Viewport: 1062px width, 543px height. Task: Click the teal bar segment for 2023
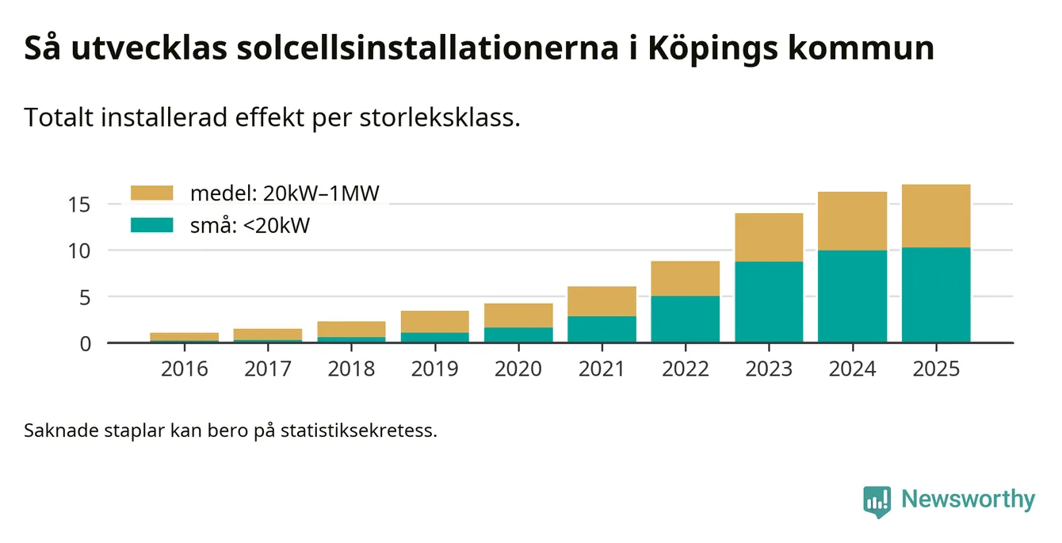point(769,302)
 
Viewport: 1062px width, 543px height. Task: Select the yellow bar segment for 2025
point(936,216)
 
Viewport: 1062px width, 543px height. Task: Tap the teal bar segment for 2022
point(686,319)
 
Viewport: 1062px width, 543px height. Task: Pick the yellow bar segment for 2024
point(853,221)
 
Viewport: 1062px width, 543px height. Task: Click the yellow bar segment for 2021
point(602,301)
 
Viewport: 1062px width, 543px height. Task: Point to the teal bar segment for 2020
point(518,335)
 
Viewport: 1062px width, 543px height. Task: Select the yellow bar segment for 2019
point(434,321)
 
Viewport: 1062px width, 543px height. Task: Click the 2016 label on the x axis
point(184,369)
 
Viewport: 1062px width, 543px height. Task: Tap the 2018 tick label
point(351,369)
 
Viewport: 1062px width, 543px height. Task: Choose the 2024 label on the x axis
point(853,369)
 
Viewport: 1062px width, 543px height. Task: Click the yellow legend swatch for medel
point(151,193)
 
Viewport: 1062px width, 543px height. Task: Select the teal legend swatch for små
point(151,226)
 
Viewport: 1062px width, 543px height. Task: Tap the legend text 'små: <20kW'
point(249,226)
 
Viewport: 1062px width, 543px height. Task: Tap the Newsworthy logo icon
point(877,501)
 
